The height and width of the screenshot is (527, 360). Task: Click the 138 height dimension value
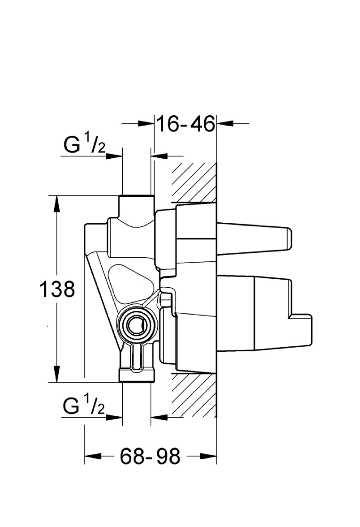(x=57, y=289)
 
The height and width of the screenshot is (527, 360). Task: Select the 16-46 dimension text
(x=186, y=124)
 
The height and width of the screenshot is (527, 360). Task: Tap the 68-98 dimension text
(x=150, y=456)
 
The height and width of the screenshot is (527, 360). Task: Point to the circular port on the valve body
(x=136, y=324)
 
